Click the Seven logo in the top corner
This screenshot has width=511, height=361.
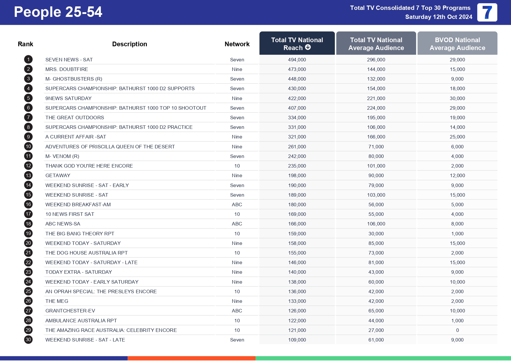(x=487, y=13)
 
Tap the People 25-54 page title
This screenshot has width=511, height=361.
(x=58, y=12)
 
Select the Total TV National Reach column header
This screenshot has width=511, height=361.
(x=297, y=44)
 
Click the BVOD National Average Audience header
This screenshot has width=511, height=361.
(x=457, y=44)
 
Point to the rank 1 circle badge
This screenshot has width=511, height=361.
(x=28, y=60)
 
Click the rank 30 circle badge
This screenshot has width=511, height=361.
(x=28, y=340)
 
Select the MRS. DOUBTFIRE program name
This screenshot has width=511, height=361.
(x=67, y=69)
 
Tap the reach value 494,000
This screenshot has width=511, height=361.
(x=297, y=60)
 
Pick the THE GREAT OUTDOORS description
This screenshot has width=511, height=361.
(x=75, y=118)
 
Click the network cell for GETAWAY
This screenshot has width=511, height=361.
(x=237, y=175)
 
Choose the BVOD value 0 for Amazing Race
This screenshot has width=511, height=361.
(x=457, y=330)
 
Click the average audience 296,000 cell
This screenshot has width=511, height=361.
(x=376, y=60)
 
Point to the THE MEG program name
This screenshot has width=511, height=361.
(x=57, y=301)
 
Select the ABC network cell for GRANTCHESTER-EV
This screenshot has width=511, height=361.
(x=237, y=311)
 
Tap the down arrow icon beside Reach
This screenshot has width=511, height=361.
(x=308, y=47)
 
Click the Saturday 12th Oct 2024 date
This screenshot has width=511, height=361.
(x=438, y=17)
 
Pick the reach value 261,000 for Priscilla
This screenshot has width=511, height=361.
(x=297, y=147)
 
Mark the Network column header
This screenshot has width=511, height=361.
(x=237, y=44)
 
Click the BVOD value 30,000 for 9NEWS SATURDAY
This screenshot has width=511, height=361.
(x=457, y=98)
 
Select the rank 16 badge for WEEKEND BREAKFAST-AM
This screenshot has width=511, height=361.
(x=28, y=204)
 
